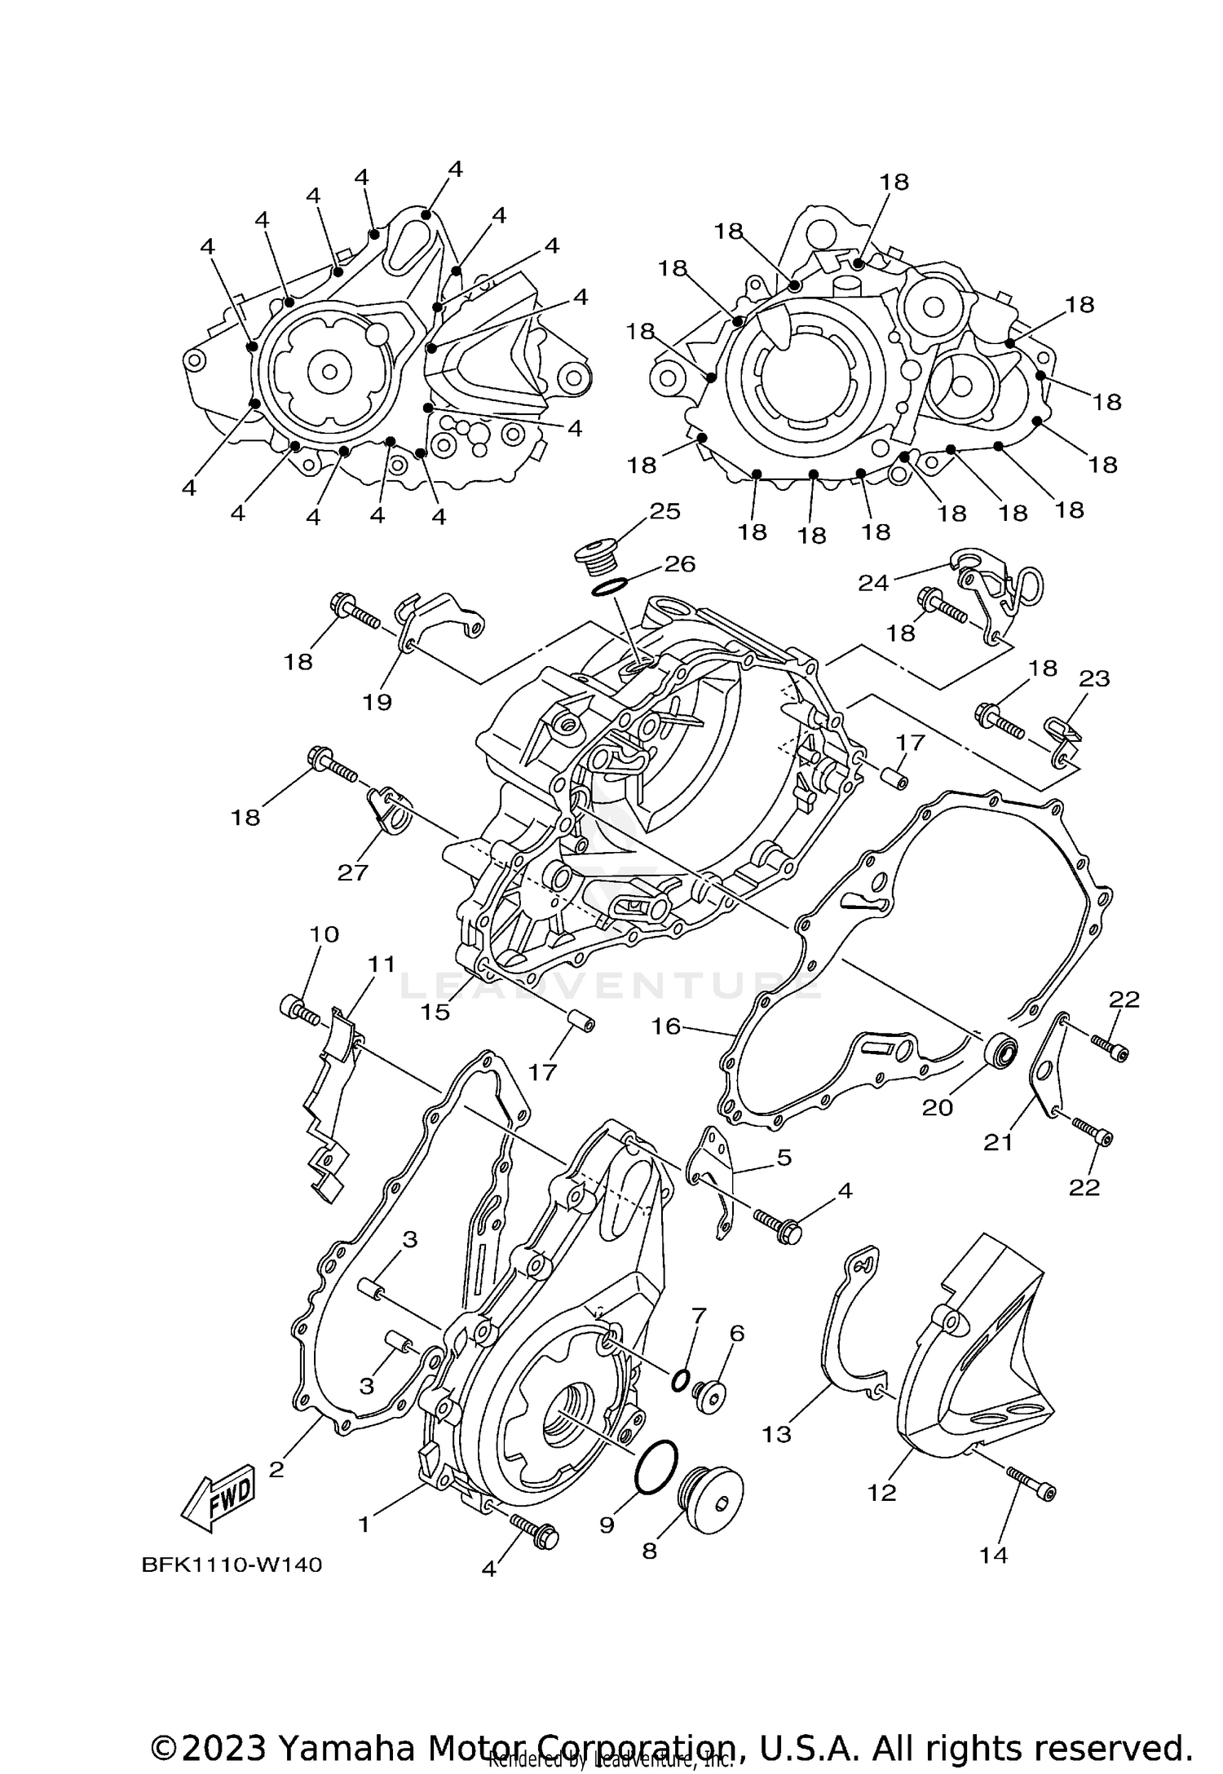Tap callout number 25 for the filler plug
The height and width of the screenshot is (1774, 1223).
(664, 511)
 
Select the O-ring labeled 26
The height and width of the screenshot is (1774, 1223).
(609, 586)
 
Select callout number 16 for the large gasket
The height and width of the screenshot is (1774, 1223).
(666, 1026)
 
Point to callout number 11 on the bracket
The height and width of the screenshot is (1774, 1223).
(381, 964)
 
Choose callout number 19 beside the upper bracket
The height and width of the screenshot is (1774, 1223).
(377, 702)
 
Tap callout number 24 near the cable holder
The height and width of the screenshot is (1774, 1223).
(872, 583)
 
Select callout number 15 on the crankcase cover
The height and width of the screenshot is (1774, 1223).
(435, 1012)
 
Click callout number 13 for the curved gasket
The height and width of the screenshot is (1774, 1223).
(776, 1434)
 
